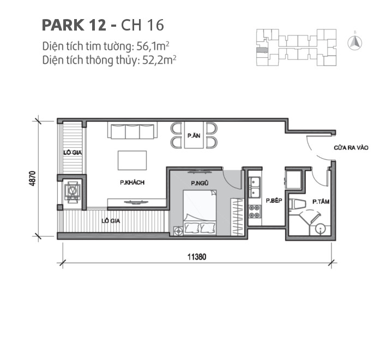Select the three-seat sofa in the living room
tap(133, 132)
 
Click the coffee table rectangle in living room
tap(132, 160)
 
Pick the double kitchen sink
tap(255, 189)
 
